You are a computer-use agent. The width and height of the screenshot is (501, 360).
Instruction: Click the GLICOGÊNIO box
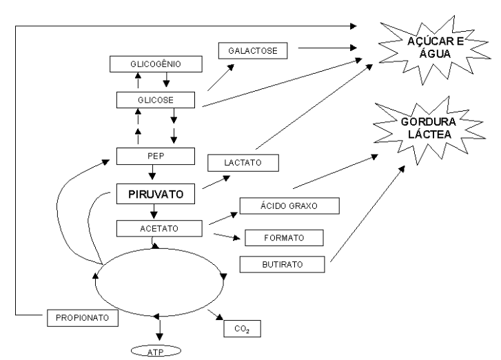(156, 65)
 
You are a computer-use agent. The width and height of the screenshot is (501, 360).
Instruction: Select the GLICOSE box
(156, 100)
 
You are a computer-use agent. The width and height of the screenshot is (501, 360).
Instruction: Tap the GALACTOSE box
(252, 50)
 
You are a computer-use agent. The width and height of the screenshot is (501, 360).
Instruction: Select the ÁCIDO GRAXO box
(289, 205)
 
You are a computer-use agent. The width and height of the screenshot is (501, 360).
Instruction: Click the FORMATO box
(284, 238)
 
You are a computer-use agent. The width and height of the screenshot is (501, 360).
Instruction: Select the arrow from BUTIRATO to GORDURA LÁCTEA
(366, 214)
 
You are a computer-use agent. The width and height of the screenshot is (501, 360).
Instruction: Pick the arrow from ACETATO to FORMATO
(229, 237)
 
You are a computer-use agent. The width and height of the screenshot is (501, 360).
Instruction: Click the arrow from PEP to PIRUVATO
(152, 174)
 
